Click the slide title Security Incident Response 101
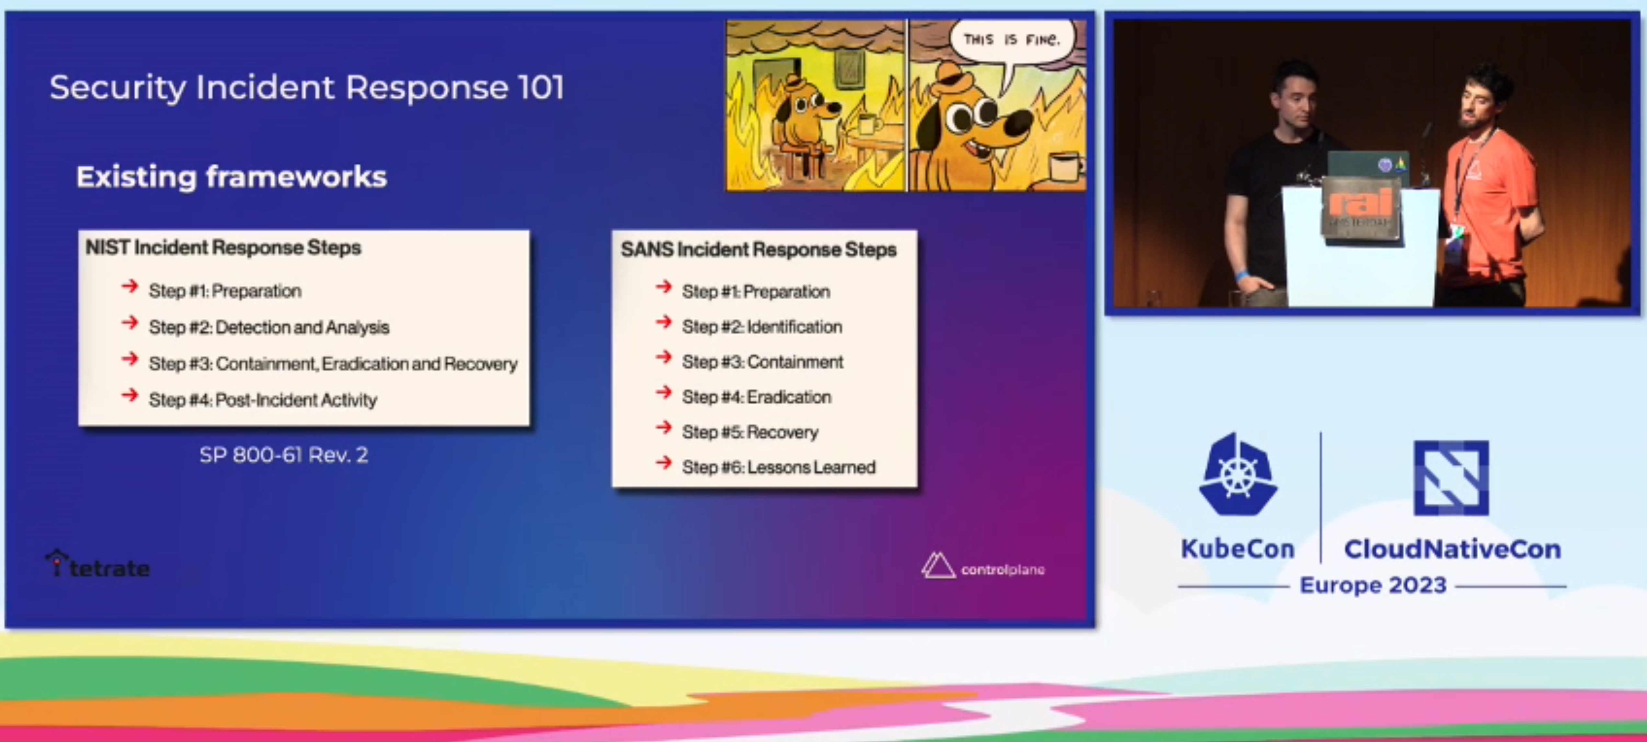(307, 87)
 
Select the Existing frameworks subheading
(232, 176)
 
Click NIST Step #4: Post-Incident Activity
(263, 400)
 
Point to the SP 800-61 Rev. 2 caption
(284, 455)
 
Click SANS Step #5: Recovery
(750, 432)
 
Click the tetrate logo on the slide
(98, 565)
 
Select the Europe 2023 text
(1373, 585)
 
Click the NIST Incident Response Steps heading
(223, 247)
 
